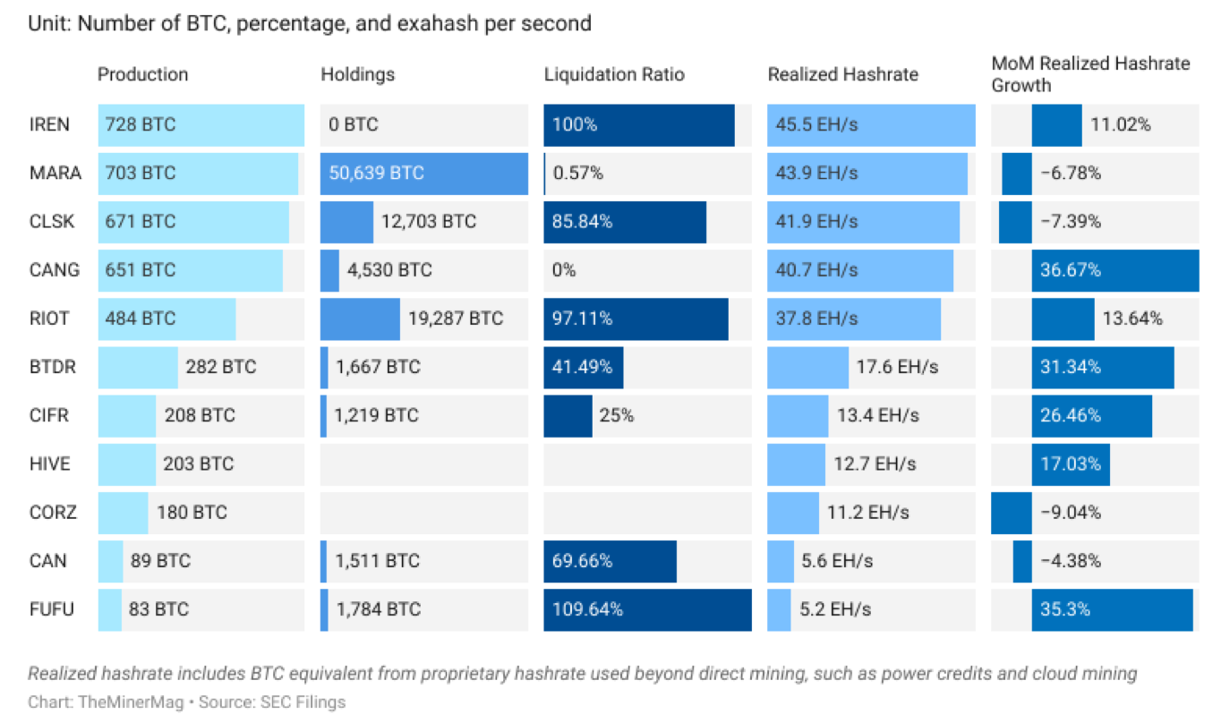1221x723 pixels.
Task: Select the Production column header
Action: [x=142, y=74]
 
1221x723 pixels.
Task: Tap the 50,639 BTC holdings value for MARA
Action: [x=376, y=173]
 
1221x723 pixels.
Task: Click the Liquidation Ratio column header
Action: [x=614, y=74]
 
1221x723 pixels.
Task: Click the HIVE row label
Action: [x=49, y=464]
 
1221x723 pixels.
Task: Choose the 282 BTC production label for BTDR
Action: [x=220, y=367]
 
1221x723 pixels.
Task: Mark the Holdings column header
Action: [x=357, y=74]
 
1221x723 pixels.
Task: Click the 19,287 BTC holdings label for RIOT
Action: [x=456, y=319]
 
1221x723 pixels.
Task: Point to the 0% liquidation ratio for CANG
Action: [x=564, y=270]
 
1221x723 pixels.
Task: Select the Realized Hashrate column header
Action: [x=842, y=74]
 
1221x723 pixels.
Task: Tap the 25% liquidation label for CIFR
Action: [x=617, y=415]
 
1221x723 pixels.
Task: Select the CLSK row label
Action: [x=51, y=221]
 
